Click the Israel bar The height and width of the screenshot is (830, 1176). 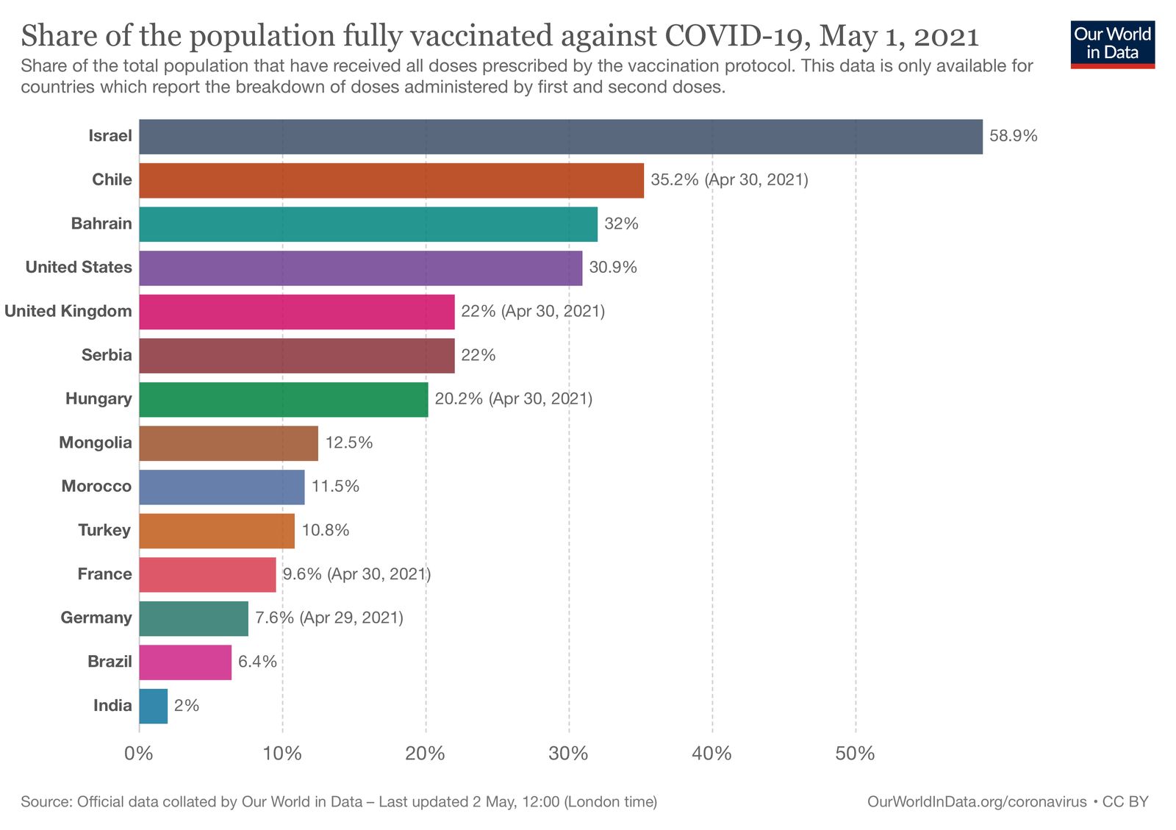coord(560,137)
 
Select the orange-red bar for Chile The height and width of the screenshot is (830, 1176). coord(391,180)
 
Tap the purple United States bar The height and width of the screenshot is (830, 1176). coord(360,268)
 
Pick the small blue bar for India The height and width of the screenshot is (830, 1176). coord(153,706)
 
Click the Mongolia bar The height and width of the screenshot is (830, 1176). coord(228,443)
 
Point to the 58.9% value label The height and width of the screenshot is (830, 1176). coord(1013,136)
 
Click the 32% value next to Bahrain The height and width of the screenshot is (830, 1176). coord(621,223)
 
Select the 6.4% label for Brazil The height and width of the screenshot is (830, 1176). coord(257,662)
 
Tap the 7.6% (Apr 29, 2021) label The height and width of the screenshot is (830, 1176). coord(329,618)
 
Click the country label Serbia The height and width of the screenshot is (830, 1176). coord(107,355)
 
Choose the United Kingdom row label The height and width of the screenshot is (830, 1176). coord(68,311)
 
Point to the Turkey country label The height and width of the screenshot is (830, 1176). coord(104,530)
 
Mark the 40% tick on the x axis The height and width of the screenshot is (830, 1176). coord(711,754)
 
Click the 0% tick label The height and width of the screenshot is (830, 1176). coord(139,754)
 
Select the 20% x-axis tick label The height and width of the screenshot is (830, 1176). coord(426,754)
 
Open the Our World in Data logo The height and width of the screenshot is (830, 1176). coord(1112,44)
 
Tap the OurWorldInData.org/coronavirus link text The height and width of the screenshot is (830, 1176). coord(976,801)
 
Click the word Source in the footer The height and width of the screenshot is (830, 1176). coord(45,801)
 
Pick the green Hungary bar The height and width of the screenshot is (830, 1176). coord(283,399)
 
